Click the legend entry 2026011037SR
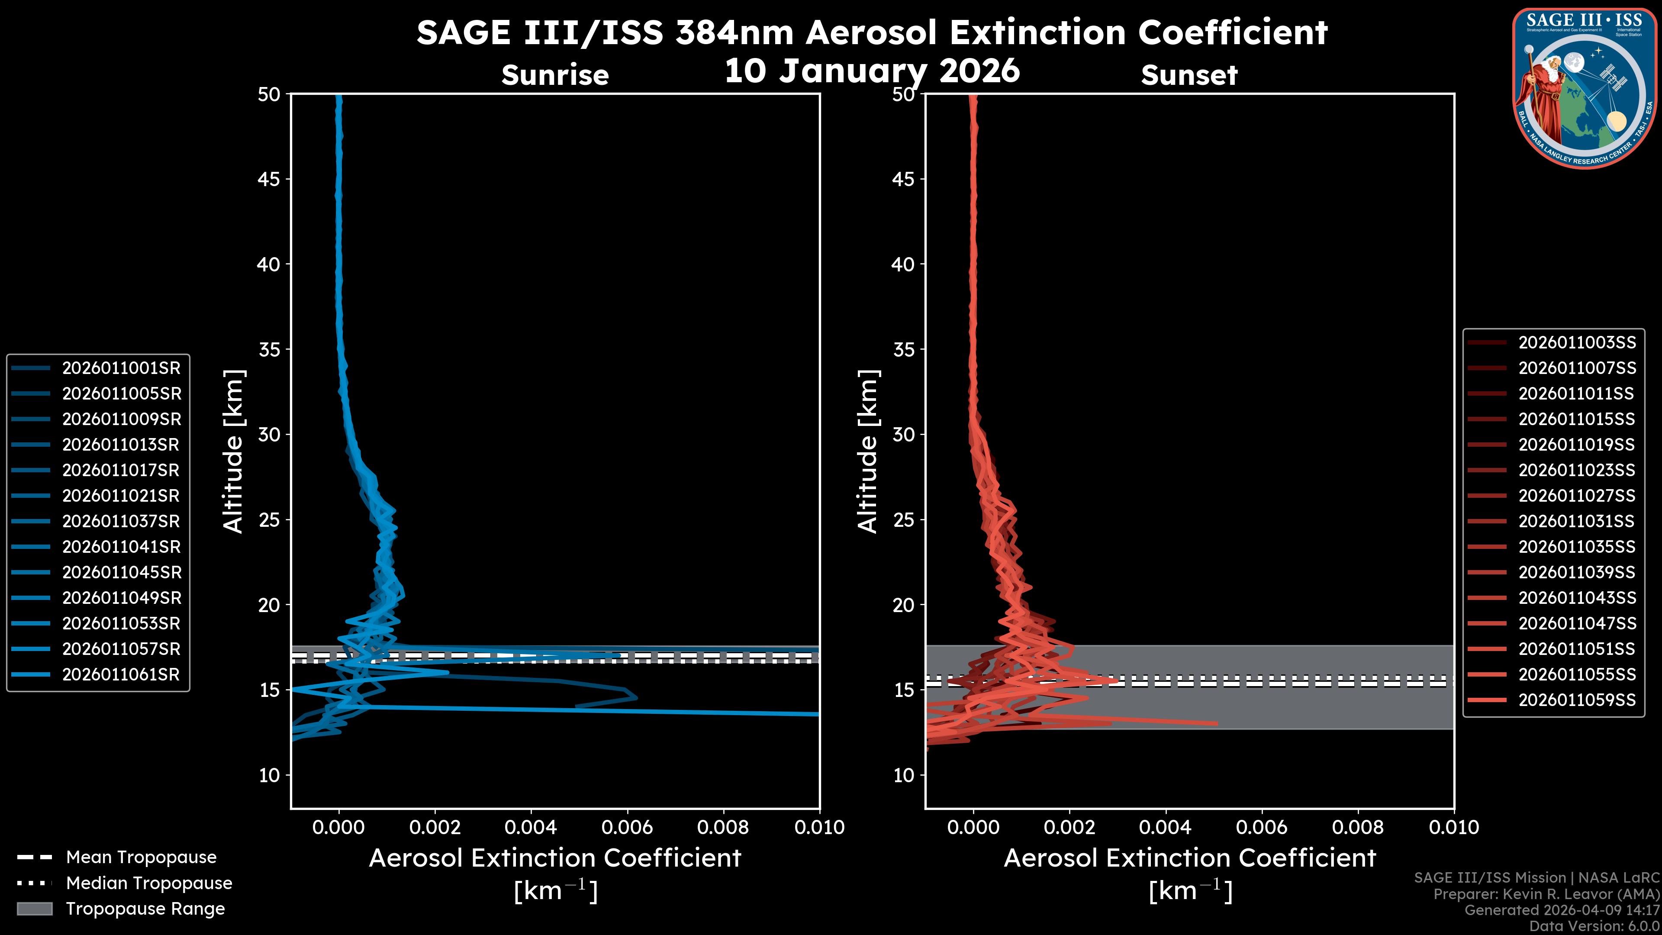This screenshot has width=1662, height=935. pyautogui.click(x=121, y=521)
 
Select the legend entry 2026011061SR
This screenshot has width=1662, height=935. pyautogui.click(x=121, y=675)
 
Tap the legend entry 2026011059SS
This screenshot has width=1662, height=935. pyautogui.click(x=1577, y=700)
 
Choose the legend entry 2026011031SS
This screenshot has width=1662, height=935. pyautogui.click(x=1577, y=521)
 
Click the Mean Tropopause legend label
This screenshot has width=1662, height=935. pyautogui.click(x=141, y=858)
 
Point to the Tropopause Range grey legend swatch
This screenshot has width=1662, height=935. pyautogui.click(x=34, y=909)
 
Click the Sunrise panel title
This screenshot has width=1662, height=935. pyautogui.click(x=555, y=75)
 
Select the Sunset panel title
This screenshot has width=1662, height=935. pyautogui.click(x=1189, y=75)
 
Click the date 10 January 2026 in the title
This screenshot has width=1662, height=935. pyautogui.click(x=872, y=71)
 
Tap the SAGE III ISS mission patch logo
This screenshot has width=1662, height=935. pyautogui.click(x=1583, y=87)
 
